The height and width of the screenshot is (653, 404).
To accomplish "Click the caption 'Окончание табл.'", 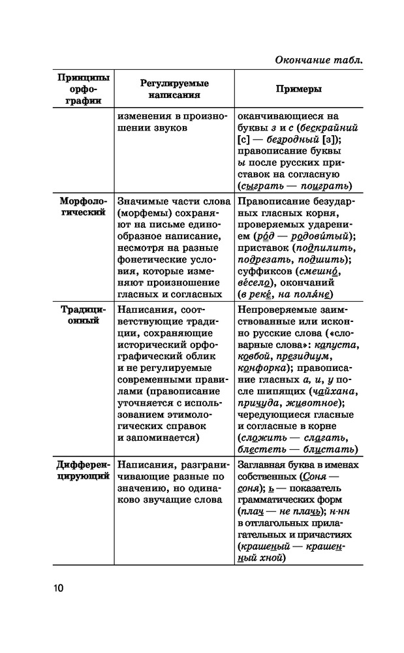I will pos(318,60).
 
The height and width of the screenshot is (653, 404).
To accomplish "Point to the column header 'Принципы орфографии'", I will pos(83,89).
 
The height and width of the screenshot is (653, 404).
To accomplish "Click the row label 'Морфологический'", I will pos(83,207).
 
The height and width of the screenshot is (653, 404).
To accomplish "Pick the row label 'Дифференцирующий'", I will pos(83,470).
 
